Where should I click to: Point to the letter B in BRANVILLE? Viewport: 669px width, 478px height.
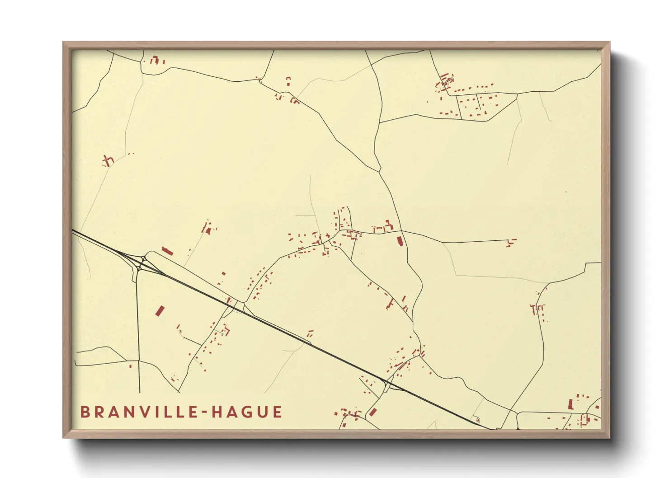tap(85, 412)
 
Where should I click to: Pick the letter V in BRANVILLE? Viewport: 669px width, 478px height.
tap(135, 412)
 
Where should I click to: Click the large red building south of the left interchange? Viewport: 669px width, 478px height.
tap(160, 311)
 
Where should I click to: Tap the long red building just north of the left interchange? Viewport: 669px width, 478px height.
tap(167, 251)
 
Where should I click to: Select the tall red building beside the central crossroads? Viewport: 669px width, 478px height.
tap(400, 240)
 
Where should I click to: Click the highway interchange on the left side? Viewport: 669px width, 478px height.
tap(141, 263)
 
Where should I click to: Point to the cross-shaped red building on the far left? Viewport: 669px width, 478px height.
tap(108, 160)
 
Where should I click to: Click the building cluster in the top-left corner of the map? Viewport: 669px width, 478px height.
tap(156, 60)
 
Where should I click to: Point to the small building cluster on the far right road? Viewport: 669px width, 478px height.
tap(538, 309)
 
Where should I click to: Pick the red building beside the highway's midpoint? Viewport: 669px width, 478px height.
tap(310, 334)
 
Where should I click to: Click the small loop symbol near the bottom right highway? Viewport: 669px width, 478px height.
tap(478, 420)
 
